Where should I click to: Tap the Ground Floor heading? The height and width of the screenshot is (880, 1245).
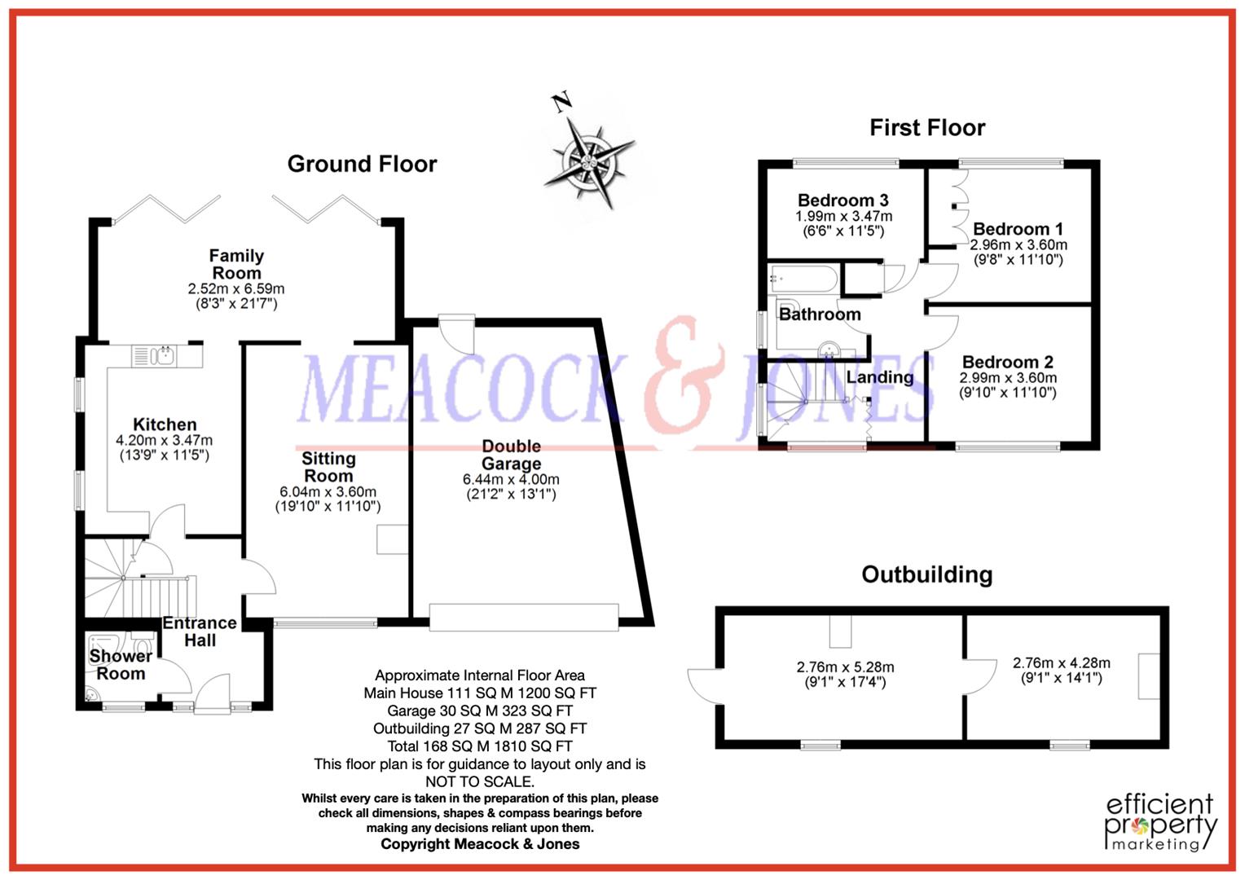362,164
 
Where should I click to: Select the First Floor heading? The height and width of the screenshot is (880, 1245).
927,128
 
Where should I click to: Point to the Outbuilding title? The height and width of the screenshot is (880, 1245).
926,575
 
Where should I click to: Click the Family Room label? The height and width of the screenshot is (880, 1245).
236,264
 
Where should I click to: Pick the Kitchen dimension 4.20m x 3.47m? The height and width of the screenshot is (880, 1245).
165,441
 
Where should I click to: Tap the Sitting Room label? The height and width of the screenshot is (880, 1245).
328,467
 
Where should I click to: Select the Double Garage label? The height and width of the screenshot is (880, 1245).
511,455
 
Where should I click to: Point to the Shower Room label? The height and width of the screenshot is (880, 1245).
121,665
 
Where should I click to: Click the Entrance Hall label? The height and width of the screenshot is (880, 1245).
200,631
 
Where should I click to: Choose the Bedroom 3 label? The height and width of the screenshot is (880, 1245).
842,200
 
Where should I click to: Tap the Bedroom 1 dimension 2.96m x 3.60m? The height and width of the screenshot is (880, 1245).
1018,244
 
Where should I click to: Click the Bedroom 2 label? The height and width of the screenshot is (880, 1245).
1008,363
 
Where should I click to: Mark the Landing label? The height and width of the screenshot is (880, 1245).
879,377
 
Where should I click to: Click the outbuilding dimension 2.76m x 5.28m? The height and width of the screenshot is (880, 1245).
845,667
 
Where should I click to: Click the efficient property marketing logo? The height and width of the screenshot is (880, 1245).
1160,822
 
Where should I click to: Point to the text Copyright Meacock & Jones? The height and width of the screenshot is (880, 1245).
480,844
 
